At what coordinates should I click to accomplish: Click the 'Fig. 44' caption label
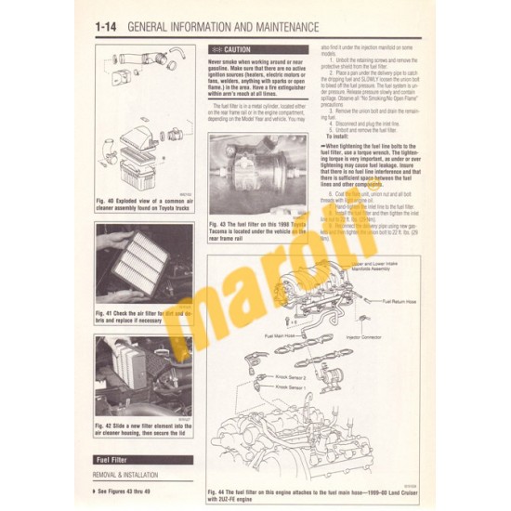coord(222,490)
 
